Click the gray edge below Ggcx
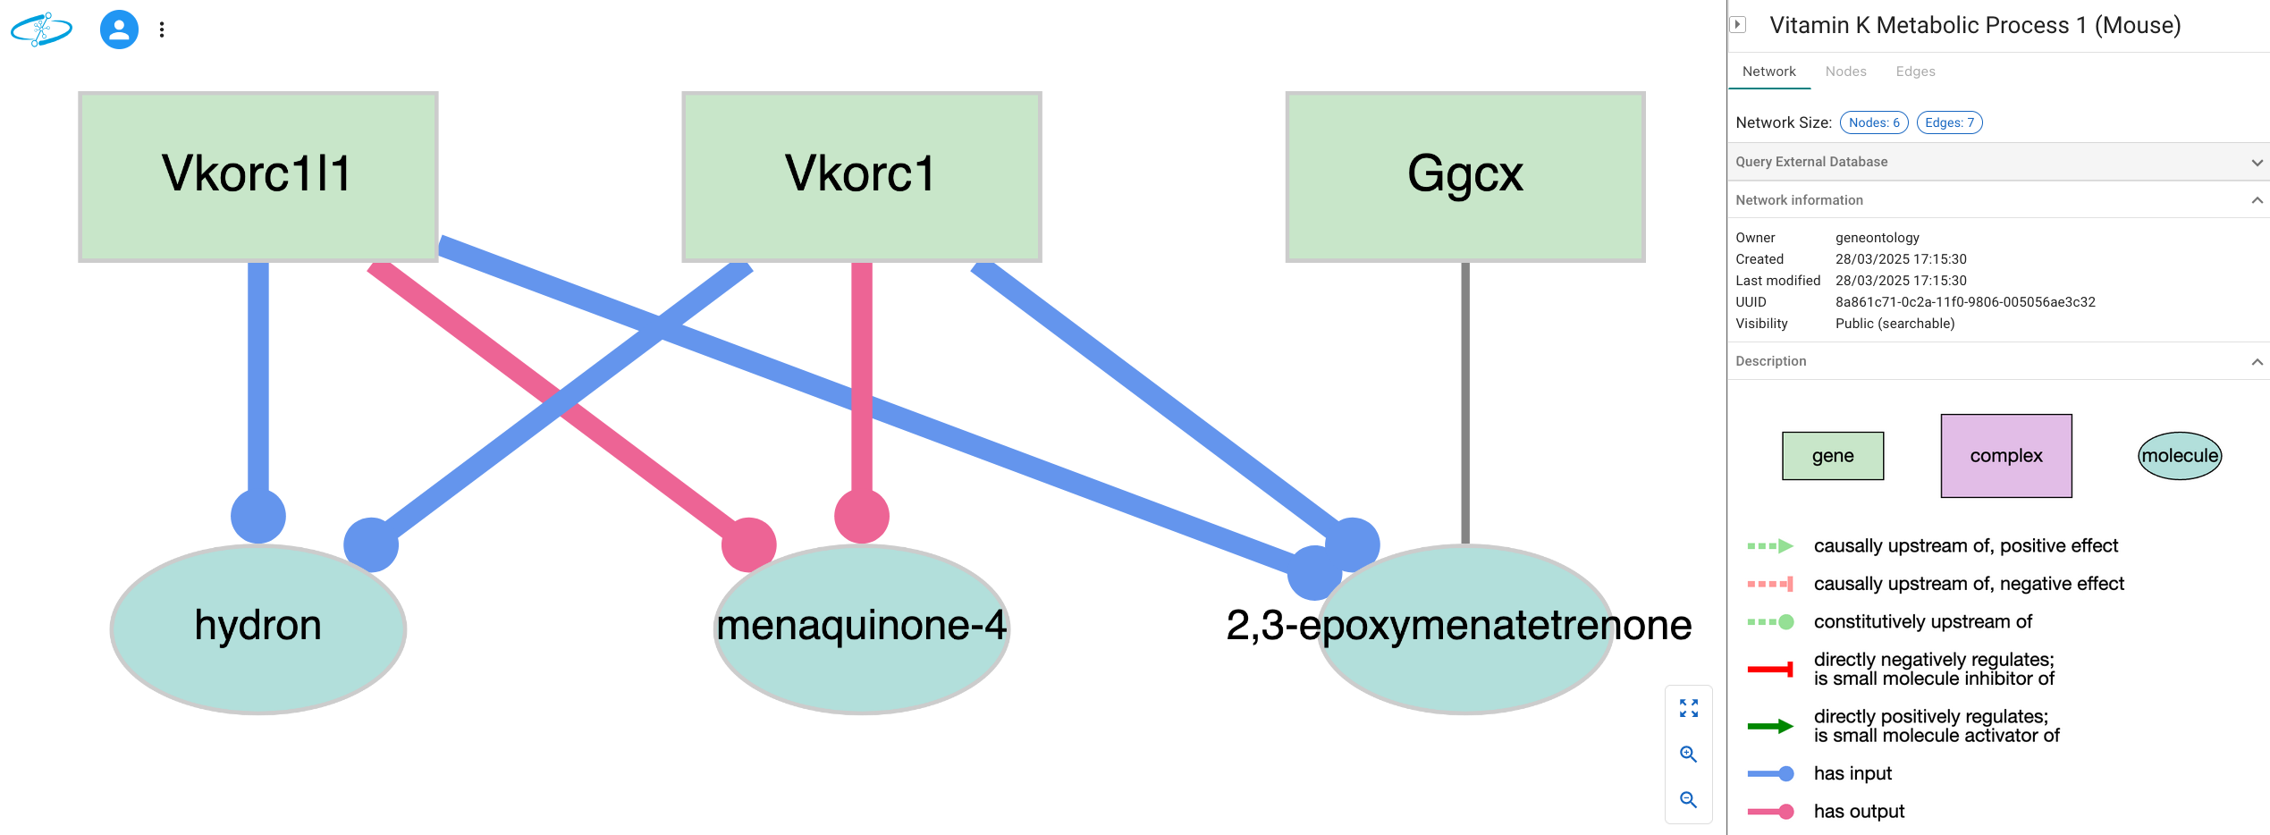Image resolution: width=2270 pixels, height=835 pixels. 1464,402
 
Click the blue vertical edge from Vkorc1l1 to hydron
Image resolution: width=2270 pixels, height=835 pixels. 257,375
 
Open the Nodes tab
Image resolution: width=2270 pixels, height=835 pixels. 1845,72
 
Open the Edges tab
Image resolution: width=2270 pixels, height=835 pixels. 1915,72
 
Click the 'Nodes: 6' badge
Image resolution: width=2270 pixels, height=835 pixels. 1873,122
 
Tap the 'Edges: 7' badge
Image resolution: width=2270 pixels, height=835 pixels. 1949,122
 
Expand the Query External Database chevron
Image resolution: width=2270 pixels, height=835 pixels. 2257,162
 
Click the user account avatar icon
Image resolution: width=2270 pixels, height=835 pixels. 119,30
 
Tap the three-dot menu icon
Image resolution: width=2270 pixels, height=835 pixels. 162,30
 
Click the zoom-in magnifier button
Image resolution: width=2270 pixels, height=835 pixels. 1688,754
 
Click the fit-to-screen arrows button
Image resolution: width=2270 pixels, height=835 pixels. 1688,708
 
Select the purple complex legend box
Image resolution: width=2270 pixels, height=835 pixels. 2005,456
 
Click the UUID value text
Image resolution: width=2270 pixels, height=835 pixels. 1965,302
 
